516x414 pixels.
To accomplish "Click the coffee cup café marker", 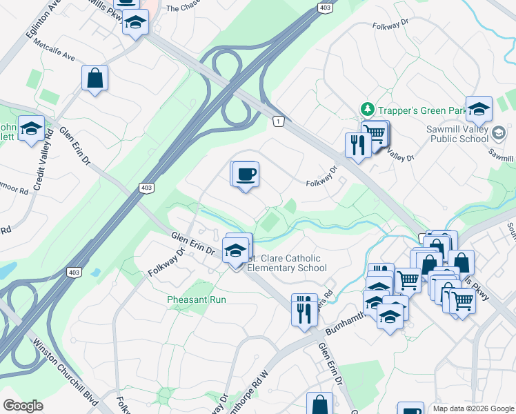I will coord(244,175).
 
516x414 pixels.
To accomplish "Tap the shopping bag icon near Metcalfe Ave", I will coord(95,77).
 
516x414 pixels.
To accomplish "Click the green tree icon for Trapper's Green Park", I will coord(368,109).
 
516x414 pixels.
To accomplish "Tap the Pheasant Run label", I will coord(197,299).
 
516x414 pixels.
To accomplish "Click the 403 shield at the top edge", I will coord(325,7).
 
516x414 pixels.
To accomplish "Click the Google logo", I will coord(23,406).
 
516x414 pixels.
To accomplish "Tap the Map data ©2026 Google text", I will coord(473,408).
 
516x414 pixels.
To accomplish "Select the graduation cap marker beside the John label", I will coord(31,129).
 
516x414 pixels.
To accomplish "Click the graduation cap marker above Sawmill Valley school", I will coord(479,110).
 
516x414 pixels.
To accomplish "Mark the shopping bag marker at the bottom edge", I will coord(319,405).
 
